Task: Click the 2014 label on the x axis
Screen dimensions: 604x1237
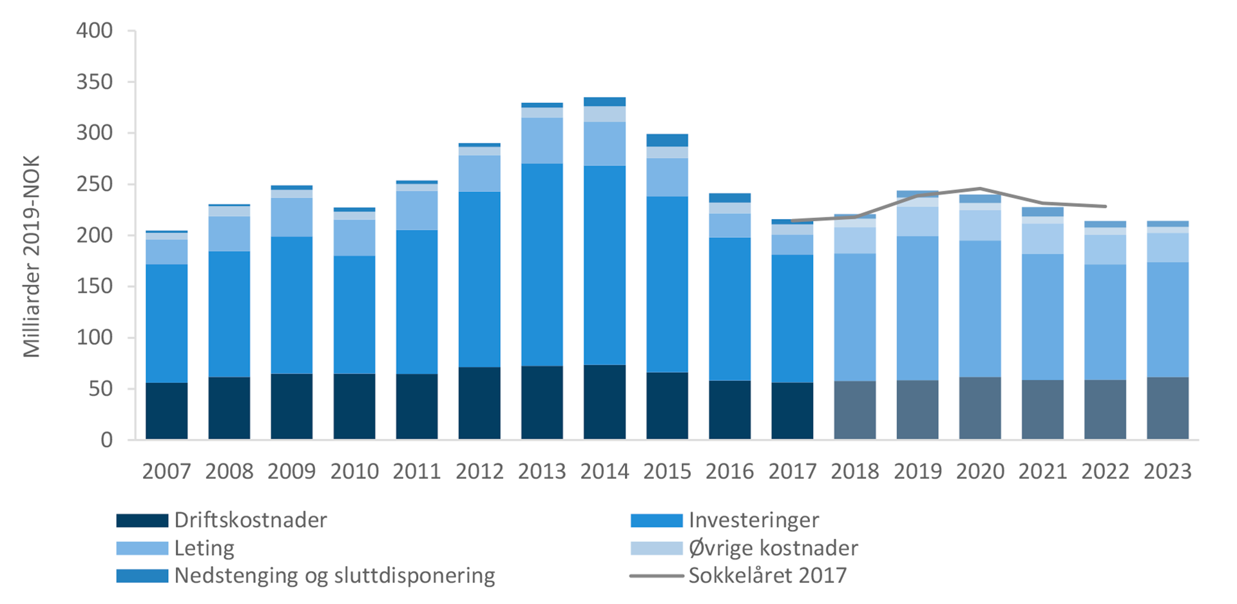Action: coord(604,471)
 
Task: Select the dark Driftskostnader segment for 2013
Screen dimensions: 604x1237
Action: coord(542,403)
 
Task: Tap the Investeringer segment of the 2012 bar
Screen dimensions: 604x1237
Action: coord(479,279)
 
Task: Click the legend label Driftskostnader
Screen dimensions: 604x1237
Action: coord(251,520)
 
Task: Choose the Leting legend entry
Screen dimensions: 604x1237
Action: coord(204,548)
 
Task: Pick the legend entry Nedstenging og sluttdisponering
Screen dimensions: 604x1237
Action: coord(334,575)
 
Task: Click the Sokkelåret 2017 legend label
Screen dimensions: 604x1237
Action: coord(767,575)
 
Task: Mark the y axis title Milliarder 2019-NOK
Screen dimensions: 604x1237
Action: coord(32,257)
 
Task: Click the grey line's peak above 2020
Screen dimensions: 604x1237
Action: coord(981,189)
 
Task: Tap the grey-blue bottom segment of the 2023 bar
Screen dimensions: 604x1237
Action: coord(1167,408)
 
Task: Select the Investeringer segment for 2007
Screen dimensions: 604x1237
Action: coord(167,324)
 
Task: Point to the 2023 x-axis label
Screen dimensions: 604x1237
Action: coord(1167,471)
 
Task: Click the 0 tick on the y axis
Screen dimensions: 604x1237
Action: coord(106,440)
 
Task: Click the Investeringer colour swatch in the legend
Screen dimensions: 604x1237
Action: coord(656,520)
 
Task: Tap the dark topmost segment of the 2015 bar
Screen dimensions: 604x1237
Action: coord(667,140)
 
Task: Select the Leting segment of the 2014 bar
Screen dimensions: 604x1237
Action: coord(604,144)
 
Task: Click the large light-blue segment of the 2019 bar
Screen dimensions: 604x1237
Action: coord(917,308)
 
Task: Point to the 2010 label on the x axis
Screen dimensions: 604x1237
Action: coord(354,471)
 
